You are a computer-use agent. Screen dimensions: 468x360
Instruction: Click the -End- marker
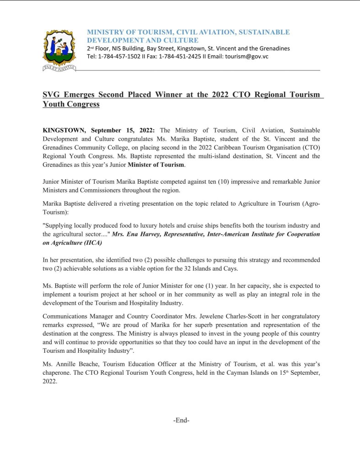[x=182, y=420]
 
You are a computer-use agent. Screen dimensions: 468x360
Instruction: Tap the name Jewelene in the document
[x=194, y=316]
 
